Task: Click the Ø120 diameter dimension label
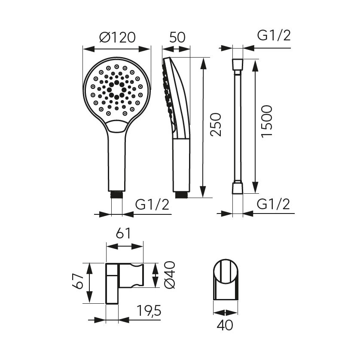(117, 37)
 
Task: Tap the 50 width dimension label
(177, 37)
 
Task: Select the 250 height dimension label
(216, 125)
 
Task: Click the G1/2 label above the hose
(274, 36)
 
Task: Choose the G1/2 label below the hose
(273, 204)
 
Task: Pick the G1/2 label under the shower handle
(152, 204)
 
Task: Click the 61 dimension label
(123, 233)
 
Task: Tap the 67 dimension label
(78, 281)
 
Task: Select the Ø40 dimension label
(170, 275)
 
